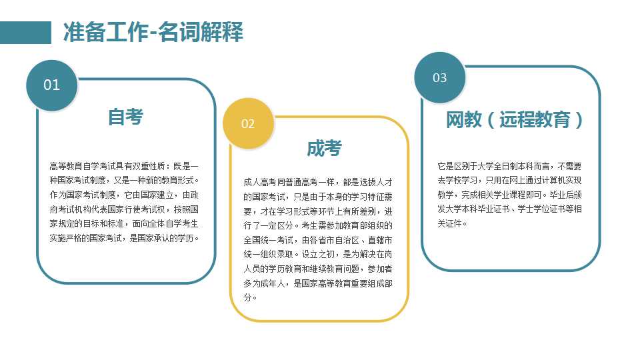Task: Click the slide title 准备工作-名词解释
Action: [153, 32]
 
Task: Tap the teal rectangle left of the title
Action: [25, 32]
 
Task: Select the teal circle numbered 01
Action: [52, 85]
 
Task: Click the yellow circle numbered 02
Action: [248, 123]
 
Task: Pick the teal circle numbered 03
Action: [439, 77]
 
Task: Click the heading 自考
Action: [125, 117]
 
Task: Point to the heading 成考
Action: [324, 148]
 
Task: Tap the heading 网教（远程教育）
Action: [514, 119]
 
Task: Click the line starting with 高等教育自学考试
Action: [124, 166]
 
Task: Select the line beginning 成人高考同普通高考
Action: [318, 182]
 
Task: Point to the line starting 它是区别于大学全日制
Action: [509, 166]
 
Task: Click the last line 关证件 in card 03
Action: [452, 224]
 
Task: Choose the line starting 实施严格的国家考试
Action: [124, 238]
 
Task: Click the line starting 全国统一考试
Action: [318, 240]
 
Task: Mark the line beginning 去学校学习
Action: [509, 181]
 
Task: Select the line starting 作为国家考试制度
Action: [124, 195]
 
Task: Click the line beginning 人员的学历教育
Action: [318, 269]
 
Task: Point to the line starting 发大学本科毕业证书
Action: [509, 209]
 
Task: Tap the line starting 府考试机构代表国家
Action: [124, 209]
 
